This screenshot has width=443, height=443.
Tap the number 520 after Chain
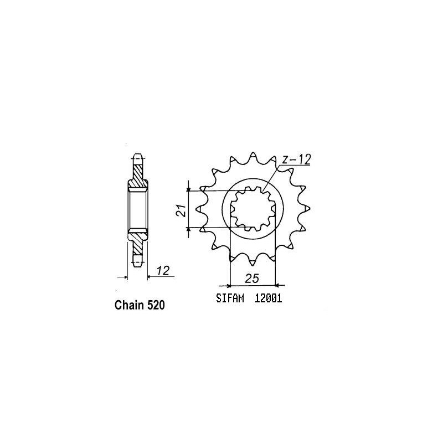[x=156, y=305]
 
